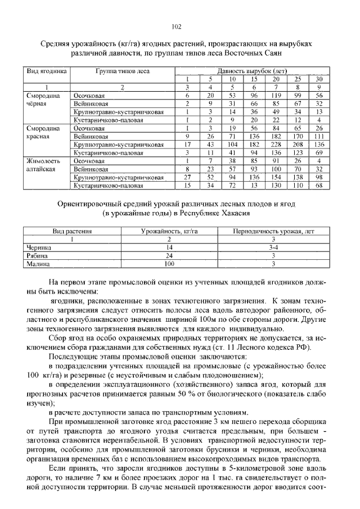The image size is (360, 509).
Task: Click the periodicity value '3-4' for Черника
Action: [x=272, y=247]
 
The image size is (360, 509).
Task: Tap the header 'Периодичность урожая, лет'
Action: [x=272, y=231]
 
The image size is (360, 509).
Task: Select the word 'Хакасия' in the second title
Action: [x=244, y=213]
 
